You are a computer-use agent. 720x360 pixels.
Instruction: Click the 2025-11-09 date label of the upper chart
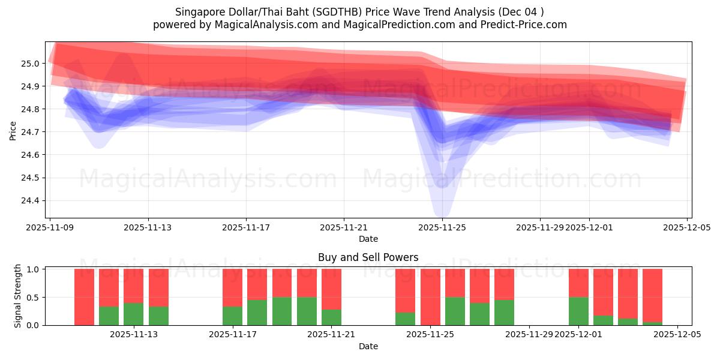[50, 228]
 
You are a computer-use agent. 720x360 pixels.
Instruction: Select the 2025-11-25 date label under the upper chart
[442, 228]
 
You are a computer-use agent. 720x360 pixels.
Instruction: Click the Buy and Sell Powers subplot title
[368, 257]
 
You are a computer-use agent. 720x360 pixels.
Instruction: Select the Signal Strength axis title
[18, 296]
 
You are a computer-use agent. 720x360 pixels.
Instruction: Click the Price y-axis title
[13, 130]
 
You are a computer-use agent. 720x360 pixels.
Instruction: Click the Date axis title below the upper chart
[368, 239]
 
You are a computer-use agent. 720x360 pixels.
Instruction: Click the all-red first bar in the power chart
[84, 297]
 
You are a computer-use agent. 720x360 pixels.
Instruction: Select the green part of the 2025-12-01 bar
[578, 311]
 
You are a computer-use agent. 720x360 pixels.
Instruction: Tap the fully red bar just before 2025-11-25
[430, 297]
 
